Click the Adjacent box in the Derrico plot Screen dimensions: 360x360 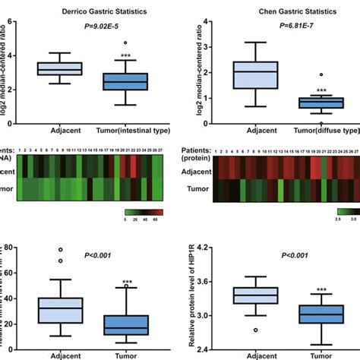coord(60,69)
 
